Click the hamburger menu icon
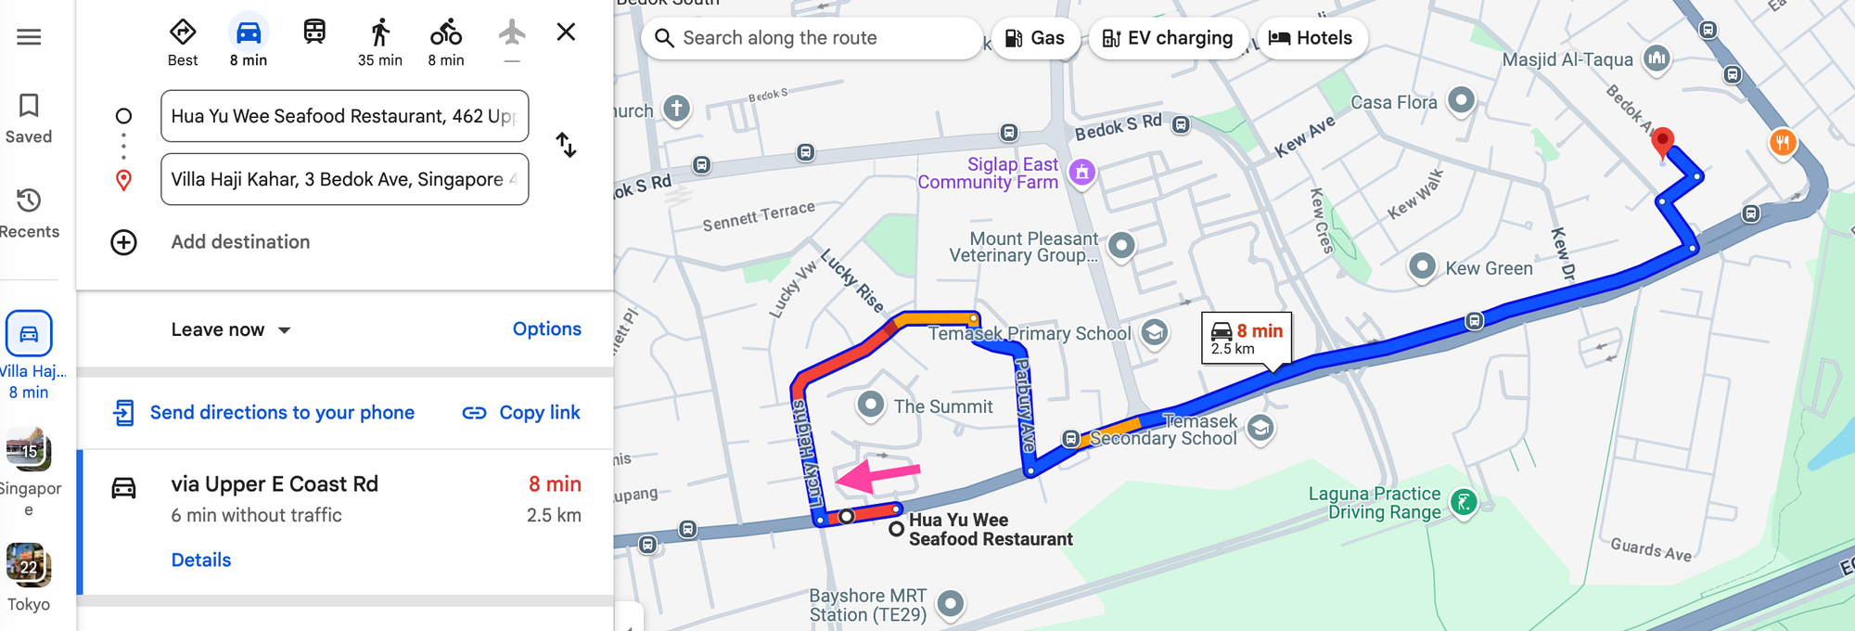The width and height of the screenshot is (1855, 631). (x=29, y=37)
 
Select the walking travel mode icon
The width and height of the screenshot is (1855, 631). (x=380, y=34)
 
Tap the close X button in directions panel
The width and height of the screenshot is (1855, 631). (x=566, y=32)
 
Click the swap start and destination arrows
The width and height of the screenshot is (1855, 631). (x=566, y=145)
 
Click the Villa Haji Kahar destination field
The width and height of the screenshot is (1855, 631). (x=344, y=179)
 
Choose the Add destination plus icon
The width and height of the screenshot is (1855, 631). (x=123, y=242)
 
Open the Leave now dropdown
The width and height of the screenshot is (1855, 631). (x=231, y=329)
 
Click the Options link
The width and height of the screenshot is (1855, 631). (x=546, y=329)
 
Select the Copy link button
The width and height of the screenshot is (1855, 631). (x=521, y=413)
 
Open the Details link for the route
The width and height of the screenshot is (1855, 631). (x=201, y=560)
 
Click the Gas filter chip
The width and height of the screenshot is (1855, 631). (x=1034, y=38)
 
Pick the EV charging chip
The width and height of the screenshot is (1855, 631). (x=1167, y=38)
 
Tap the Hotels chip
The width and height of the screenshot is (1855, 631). (x=1311, y=38)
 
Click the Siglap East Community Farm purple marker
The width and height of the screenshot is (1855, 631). (x=1081, y=172)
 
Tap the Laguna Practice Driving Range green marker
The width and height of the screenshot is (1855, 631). (x=1463, y=503)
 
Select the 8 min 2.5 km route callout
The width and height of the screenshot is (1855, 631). (x=1247, y=339)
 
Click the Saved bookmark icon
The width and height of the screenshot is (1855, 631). (x=29, y=106)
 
